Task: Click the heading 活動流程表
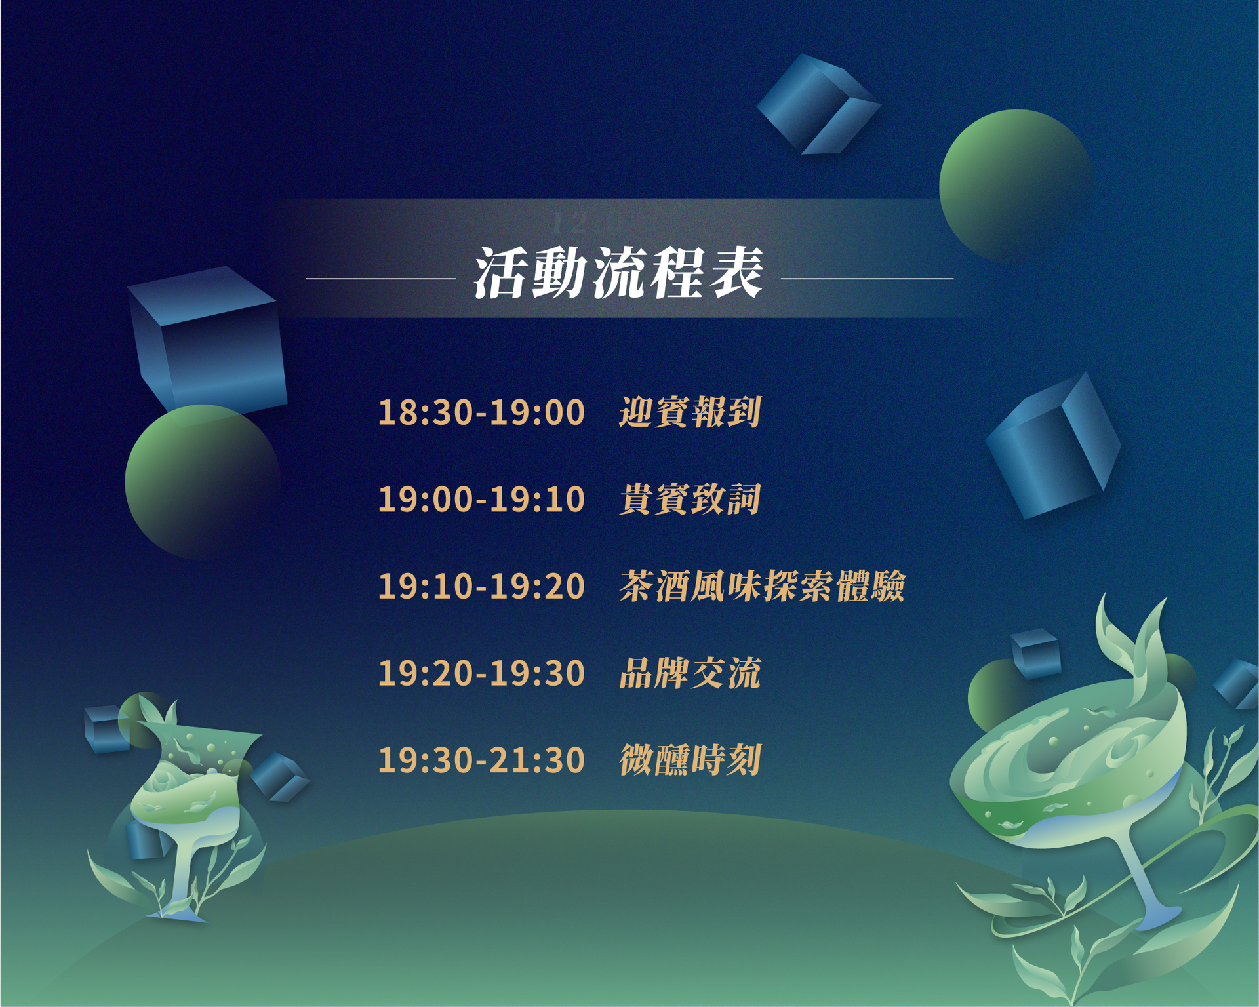[x=618, y=273]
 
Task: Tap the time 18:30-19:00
[x=481, y=412]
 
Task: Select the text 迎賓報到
[x=690, y=412]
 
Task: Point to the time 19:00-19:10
[x=481, y=499]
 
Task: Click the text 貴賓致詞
[x=690, y=499]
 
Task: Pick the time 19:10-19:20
[x=481, y=586]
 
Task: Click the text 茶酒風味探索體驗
[x=762, y=586]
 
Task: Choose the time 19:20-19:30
[x=481, y=673]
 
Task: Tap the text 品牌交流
[x=690, y=673]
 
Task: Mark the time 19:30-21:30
[x=481, y=760]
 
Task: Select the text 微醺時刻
[x=690, y=760]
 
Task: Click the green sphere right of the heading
[x=1015, y=186]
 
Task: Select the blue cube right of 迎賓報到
[x=1052, y=446]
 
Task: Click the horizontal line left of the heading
[x=380, y=279]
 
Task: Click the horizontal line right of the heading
[x=867, y=279]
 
